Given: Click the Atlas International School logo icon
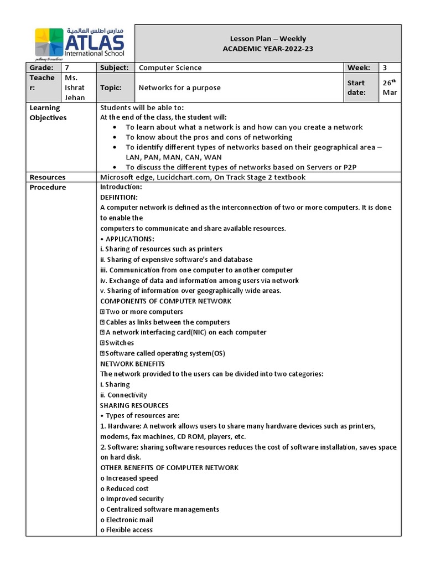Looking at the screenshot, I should point(49,43).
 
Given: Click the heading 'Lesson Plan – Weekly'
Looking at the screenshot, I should point(268,39).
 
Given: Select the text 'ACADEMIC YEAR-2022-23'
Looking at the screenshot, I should point(268,49).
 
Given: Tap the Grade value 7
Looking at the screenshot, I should point(68,68).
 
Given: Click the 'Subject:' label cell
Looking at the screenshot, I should point(115,68).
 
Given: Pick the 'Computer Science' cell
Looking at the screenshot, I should point(170,68).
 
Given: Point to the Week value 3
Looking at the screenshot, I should point(385,68).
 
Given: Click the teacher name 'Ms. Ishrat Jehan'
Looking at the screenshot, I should point(75,87).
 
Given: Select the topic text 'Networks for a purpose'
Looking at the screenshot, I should point(179,87).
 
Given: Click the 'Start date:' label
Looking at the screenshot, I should point(357,87).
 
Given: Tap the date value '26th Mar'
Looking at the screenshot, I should point(390,87).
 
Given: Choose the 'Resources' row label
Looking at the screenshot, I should point(48,177).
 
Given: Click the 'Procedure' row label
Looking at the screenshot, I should point(48,187).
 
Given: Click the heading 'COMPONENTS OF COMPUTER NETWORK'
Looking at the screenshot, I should point(165,301).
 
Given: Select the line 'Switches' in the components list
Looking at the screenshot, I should point(120,343).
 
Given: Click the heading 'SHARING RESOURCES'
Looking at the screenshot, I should point(134,405).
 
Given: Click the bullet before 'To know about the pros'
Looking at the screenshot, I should point(114,137).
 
